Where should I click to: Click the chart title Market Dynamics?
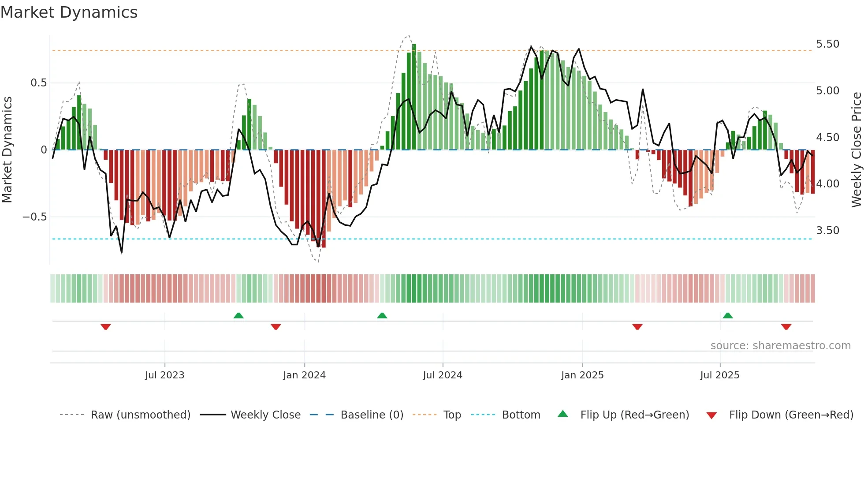[69, 12]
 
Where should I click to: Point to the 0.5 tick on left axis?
[38, 83]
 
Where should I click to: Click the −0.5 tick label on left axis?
[34, 217]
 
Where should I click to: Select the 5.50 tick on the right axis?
[827, 44]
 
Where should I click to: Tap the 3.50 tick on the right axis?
[827, 231]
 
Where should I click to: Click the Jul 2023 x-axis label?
[164, 375]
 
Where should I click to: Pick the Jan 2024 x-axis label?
[304, 375]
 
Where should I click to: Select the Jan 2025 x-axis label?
[582, 375]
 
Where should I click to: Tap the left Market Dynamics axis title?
[7, 150]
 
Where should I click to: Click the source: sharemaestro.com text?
[780, 346]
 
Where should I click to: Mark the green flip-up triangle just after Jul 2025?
[728, 316]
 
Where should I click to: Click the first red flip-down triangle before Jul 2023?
[105, 327]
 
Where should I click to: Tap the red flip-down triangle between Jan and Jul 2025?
[637, 327]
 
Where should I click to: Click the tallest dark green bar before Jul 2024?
[414, 97]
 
